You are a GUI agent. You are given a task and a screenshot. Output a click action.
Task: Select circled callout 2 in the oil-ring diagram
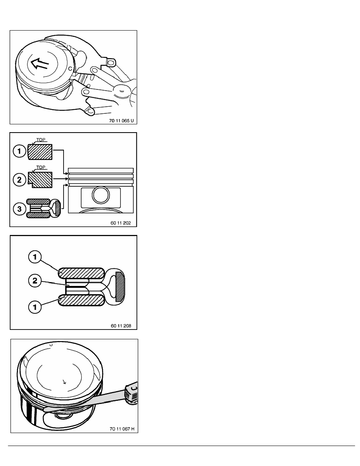[x=35, y=281]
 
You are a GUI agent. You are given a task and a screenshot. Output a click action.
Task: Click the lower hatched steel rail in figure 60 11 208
[x=81, y=300]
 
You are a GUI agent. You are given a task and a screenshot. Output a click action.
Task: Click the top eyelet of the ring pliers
[x=111, y=62]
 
